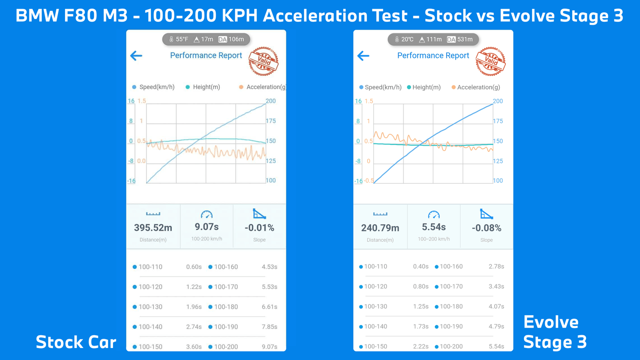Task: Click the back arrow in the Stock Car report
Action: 136,56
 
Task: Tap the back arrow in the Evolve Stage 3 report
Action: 363,56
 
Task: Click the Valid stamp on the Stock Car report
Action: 264,61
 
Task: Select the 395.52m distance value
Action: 153,228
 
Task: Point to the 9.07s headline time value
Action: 206,227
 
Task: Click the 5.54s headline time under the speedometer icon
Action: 434,227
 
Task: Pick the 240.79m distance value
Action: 380,228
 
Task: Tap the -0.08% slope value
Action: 486,228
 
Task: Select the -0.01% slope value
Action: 259,228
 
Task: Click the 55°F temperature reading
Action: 182,39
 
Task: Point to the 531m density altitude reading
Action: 465,39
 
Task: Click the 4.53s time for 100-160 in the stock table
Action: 269,267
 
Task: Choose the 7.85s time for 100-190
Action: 269,327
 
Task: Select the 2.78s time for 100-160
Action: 496,267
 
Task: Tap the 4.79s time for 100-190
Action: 496,326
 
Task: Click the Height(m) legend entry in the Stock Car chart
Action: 206,87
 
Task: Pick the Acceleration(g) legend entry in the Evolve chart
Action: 478,87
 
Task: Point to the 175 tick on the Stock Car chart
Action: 271,121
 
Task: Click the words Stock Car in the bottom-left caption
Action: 76,342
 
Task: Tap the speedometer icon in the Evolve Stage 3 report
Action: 434,215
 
